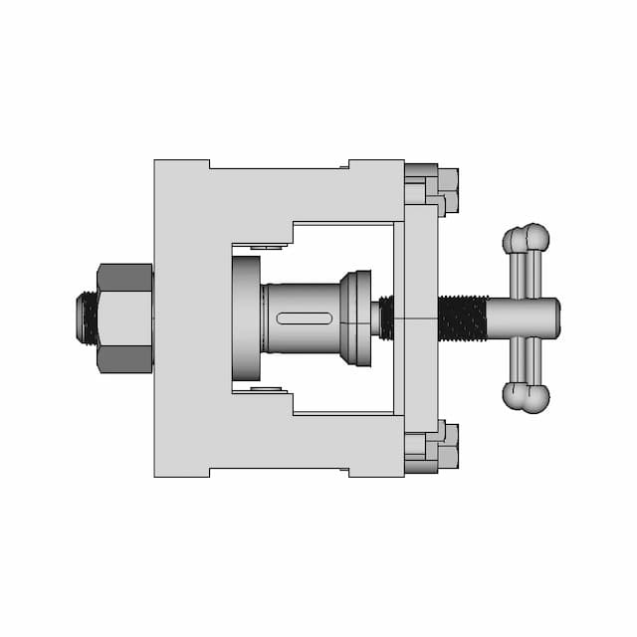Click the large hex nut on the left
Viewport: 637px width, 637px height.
(125, 318)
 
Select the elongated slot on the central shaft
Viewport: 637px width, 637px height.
(305, 318)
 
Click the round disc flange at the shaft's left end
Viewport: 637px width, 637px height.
(246, 318)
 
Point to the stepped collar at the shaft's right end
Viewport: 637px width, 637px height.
(356, 318)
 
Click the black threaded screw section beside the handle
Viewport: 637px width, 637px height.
(462, 318)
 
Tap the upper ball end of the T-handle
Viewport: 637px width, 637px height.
(527, 239)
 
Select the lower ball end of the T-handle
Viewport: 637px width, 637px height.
(527, 397)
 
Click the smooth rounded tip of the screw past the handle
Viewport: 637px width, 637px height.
(547, 318)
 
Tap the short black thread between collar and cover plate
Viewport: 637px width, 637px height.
(387, 318)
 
